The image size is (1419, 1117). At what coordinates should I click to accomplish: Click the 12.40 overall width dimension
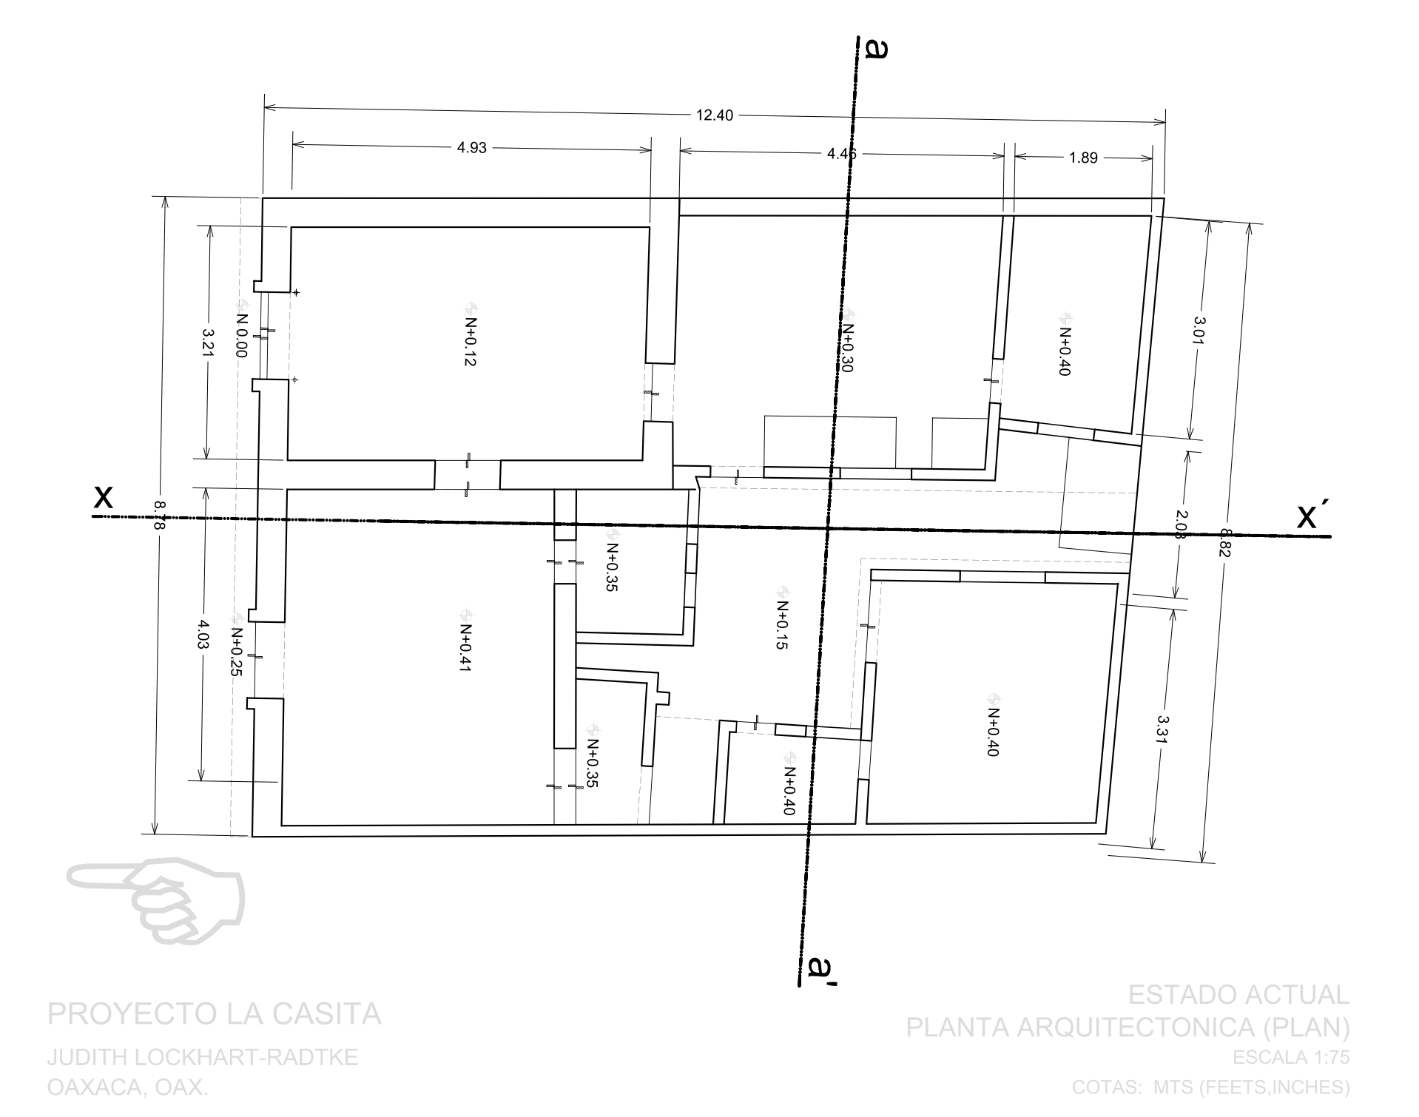[x=714, y=115]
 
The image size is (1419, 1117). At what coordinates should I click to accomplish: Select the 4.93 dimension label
[x=471, y=147]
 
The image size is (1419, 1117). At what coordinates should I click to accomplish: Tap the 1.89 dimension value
[x=1083, y=157]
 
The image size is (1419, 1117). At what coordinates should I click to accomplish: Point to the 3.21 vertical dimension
[x=209, y=343]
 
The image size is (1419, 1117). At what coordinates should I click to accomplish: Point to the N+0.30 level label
[x=848, y=348]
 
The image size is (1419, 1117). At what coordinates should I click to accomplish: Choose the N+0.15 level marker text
[x=782, y=624]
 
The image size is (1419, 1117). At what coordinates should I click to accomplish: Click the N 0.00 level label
[x=241, y=334]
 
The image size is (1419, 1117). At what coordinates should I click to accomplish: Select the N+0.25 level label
[x=237, y=652]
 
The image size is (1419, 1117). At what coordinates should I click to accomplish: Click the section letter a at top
[x=876, y=49]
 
